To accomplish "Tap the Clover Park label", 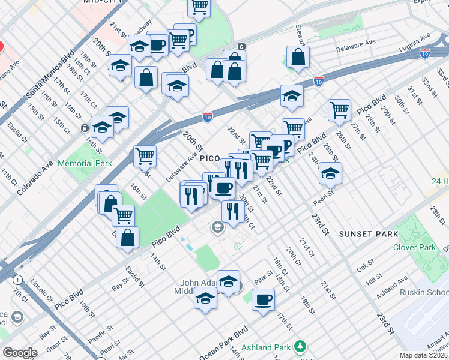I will [414, 247].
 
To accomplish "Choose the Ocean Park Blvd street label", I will [223, 344].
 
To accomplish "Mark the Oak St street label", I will [366, 265].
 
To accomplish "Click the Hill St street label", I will [374, 279].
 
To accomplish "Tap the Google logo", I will [20, 352].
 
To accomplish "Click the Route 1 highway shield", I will [19, 280].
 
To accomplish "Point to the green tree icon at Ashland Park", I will [299, 347].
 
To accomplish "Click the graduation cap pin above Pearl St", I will [330, 173].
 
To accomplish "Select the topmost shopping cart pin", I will [199, 7].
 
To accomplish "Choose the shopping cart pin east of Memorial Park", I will [145, 156].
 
